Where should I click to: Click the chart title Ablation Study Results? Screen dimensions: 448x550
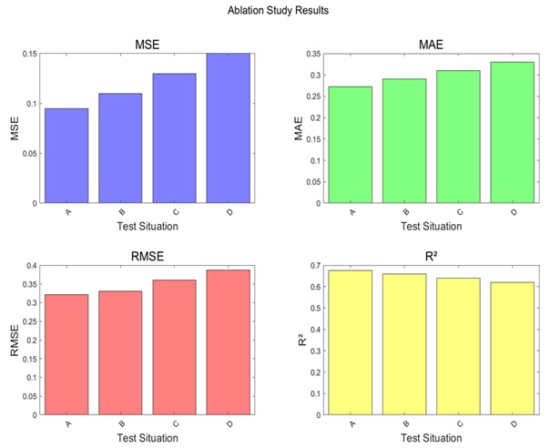(x=274, y=11)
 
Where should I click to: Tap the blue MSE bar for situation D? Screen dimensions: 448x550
(x=228, y=128)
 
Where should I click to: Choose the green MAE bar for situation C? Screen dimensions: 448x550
(x=457, y=137)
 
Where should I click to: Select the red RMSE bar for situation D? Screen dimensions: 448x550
(x=228, y=342)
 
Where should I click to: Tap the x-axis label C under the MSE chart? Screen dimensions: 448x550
(x=174, y=211)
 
